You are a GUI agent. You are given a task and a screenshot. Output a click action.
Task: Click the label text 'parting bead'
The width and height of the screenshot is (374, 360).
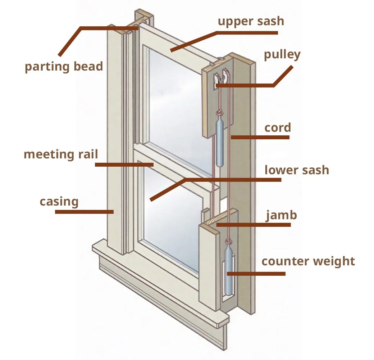[x=64, y=67]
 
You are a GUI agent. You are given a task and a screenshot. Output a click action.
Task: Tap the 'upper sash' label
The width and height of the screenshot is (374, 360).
[x=251, y=21]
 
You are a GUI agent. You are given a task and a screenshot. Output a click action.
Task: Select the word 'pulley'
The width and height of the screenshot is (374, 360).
[x=282, y=55]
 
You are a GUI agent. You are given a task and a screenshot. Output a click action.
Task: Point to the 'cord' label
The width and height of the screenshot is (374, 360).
[x=277, y=128]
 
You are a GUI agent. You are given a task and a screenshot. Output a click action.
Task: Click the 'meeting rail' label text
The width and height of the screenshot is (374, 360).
[x=61, y=154]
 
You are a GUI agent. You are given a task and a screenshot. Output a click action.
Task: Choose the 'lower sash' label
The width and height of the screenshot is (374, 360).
[x=297, y=170]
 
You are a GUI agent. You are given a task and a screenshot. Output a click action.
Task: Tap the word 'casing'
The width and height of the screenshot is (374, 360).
[x=59, y=201]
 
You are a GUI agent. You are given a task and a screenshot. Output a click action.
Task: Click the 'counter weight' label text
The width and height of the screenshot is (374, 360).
[x=308, y=261]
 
